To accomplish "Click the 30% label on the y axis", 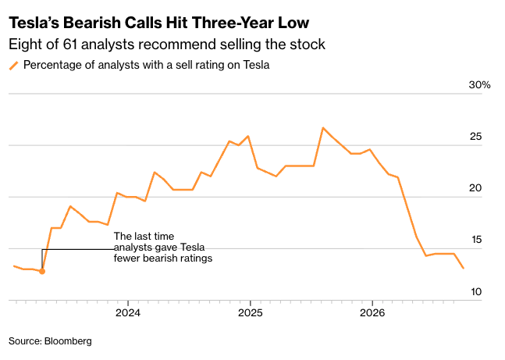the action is click(x=479, y=85).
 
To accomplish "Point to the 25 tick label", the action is click(x=475, y=137).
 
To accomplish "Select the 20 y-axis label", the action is click(x=475, y=188).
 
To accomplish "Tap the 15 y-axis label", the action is click(x=476, y=240).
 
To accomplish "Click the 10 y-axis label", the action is click(x=476, y=292).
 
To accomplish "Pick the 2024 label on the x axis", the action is click(x=128, y=312).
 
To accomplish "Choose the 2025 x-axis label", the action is click(x=251, y=312).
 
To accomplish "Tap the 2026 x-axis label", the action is click(x=372, y=312).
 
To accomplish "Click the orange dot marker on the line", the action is click(x=42, y=272).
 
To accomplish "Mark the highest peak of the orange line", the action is click(x=323, y=128).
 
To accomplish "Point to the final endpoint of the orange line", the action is click(x=464, y=268).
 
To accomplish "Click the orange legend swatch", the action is click(x=14, y=66).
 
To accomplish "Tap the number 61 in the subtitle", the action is click(x=70, y=45).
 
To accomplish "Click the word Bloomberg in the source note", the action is click(x=68, y=341).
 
